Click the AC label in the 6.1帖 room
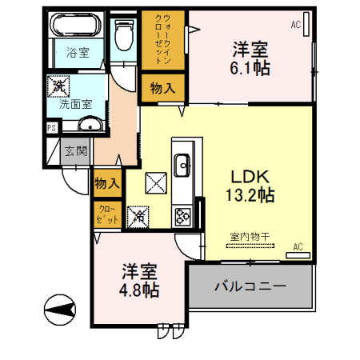(296, 26)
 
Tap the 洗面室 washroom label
(74, 103)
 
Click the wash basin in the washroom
(88, 124)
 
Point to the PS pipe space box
(52, 127)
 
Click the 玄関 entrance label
(76, 150)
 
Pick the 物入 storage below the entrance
(107, 183)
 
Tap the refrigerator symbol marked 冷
(138, 214)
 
